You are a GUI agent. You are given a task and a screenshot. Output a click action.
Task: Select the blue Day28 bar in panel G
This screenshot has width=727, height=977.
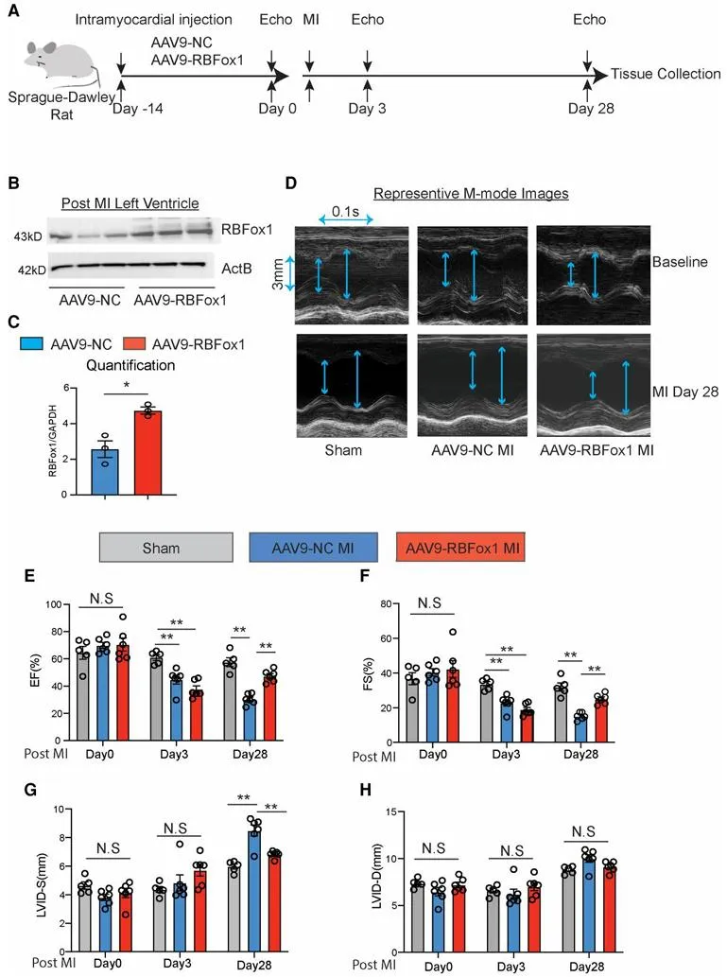(x=254, y=871)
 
